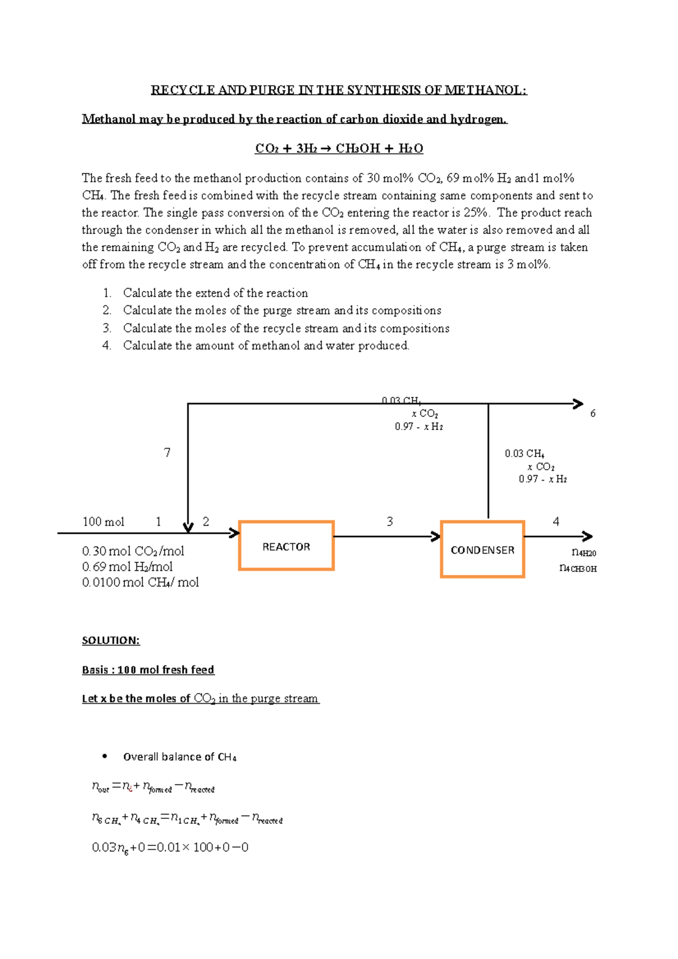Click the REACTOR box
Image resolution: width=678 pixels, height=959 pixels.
(286, 546)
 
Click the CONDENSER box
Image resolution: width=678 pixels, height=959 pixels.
(483, 549)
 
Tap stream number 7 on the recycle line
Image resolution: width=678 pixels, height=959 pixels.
(167, 452)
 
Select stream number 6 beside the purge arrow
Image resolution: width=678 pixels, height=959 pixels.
(593, 413)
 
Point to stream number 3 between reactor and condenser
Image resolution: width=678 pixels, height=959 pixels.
(389, 521)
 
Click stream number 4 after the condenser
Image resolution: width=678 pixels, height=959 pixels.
(556, 521)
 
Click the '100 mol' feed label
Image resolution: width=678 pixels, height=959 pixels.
(103, 522)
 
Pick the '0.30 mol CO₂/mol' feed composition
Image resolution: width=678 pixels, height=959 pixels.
(133, 551)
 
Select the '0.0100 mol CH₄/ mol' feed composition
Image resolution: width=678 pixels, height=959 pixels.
(140, 582)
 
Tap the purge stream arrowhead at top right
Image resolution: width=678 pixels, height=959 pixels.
(578, 403)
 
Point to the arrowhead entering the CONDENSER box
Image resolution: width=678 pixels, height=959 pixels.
(436, 537)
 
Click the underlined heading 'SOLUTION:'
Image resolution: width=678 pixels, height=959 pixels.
(111, 640)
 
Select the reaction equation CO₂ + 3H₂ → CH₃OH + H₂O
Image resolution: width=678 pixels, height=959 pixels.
(339, 149)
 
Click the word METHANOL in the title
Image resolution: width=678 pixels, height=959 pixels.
(484, 90)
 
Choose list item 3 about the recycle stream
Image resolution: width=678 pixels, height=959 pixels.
(286, 328)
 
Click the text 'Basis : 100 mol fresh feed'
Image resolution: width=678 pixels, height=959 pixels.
(148, 670)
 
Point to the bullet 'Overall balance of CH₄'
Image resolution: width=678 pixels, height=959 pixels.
(179, 757)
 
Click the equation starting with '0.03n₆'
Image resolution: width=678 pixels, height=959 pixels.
(170, 847)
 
